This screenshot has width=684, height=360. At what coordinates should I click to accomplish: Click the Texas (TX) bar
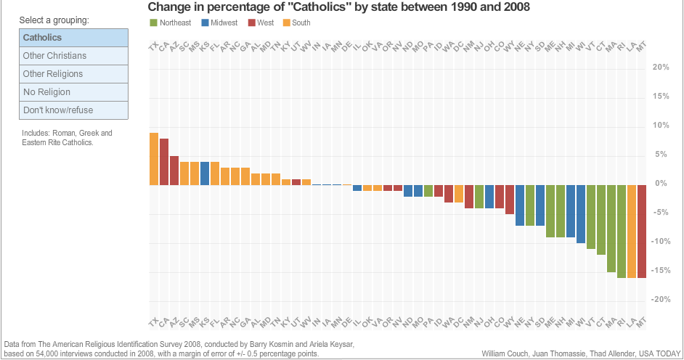pyautogui.click(x=154, y=159)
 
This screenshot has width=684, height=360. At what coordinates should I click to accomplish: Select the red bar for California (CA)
pyautogui.click(x=164, y=162)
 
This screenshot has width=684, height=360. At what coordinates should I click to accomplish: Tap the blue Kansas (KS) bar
pyautogui.click(x=205, y=173)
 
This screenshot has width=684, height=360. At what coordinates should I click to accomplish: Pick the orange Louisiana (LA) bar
pyautogui.click(x=632, y=232)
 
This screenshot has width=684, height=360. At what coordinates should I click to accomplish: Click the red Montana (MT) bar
pyautogui.click(x=642, y=232)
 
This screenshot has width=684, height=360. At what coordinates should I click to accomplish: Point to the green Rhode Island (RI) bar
pyautogui.click(x=622, y=232)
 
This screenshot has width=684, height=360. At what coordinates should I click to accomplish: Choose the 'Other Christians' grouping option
pyautogui.click(x=74, y=56)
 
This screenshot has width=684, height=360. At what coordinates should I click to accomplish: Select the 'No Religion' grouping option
pyautogui.click(x=74, y=92)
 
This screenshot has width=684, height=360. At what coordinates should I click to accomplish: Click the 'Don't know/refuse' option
pyautogui.click(x=74, y=110)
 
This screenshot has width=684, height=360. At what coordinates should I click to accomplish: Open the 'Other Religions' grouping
pyautogui.click(x=74, y=74)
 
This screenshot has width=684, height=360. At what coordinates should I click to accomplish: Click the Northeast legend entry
pyautogui.click(x=171, y=23)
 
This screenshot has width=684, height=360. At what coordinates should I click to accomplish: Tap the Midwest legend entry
pyautogui.click(x=220, y=23)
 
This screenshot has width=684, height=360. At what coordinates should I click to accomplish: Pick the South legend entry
pyautogui.click(x=296, y=23)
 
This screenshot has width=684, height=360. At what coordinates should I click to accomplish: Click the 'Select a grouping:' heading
pyautogui.click(x=56, y=20)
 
